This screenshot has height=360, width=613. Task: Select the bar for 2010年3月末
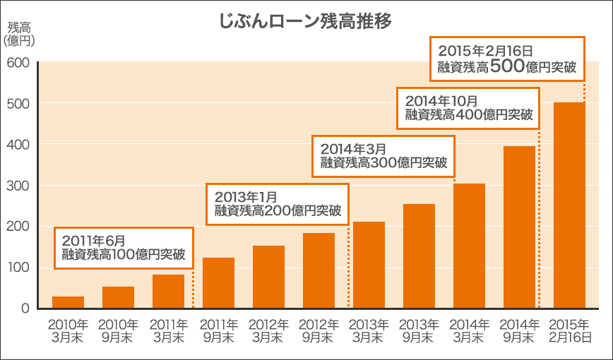coord(68,302)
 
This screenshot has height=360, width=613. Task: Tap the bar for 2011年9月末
coord(218,283)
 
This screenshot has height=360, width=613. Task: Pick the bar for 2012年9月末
coord(319,270)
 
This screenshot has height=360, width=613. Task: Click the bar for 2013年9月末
coord(419,256)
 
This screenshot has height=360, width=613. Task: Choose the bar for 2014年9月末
coord(519,227)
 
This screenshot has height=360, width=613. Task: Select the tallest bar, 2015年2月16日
coord(569,205)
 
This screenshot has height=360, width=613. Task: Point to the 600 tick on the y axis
coord(18,62)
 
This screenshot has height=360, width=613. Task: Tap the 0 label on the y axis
coord(25,308)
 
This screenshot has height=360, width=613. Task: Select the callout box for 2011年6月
coord(124,248)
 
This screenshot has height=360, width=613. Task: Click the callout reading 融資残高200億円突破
coord(278,211)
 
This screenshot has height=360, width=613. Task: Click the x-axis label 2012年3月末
coord(268,331)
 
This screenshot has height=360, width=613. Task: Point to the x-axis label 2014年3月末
coord(469,331)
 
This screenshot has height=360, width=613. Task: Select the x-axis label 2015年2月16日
coord(569,331)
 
